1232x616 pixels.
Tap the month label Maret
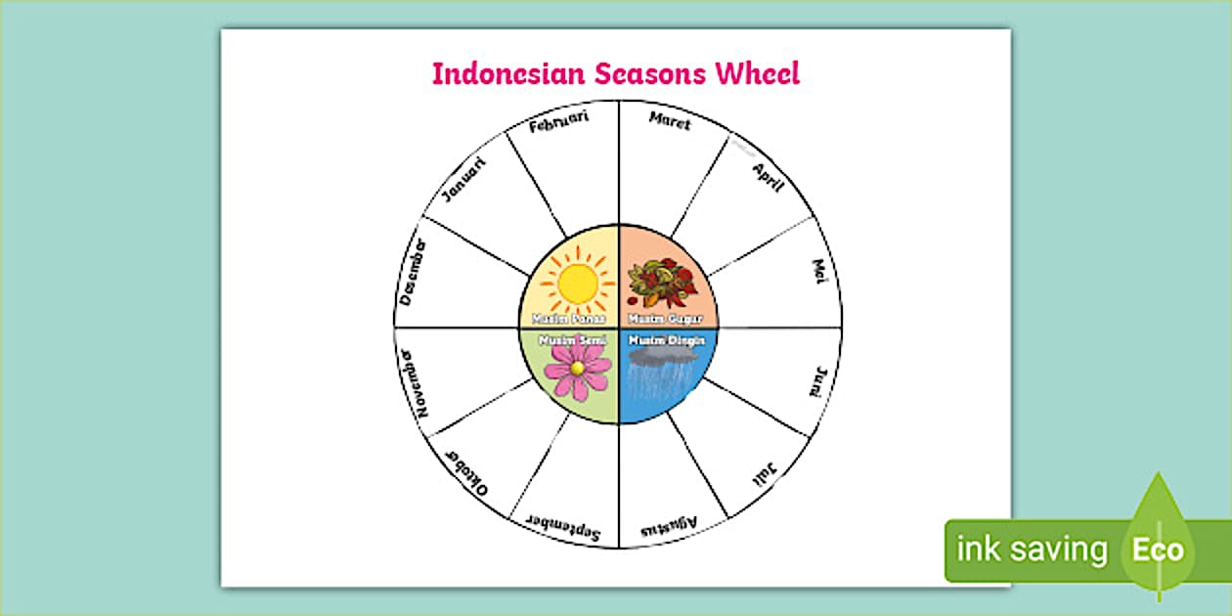click(x=670, y=121)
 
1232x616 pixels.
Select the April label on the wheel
click(x=769, y=177)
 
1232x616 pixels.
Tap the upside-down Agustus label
click(x=670, y=529)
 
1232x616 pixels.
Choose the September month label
click(x=561, y=527)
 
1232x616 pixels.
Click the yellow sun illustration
click(x=577, y=283)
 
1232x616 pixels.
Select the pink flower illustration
click(x=576, y=369)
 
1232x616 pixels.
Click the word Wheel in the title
click(x=756, y=73)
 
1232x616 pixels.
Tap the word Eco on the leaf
click(x=1158, y=550)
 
